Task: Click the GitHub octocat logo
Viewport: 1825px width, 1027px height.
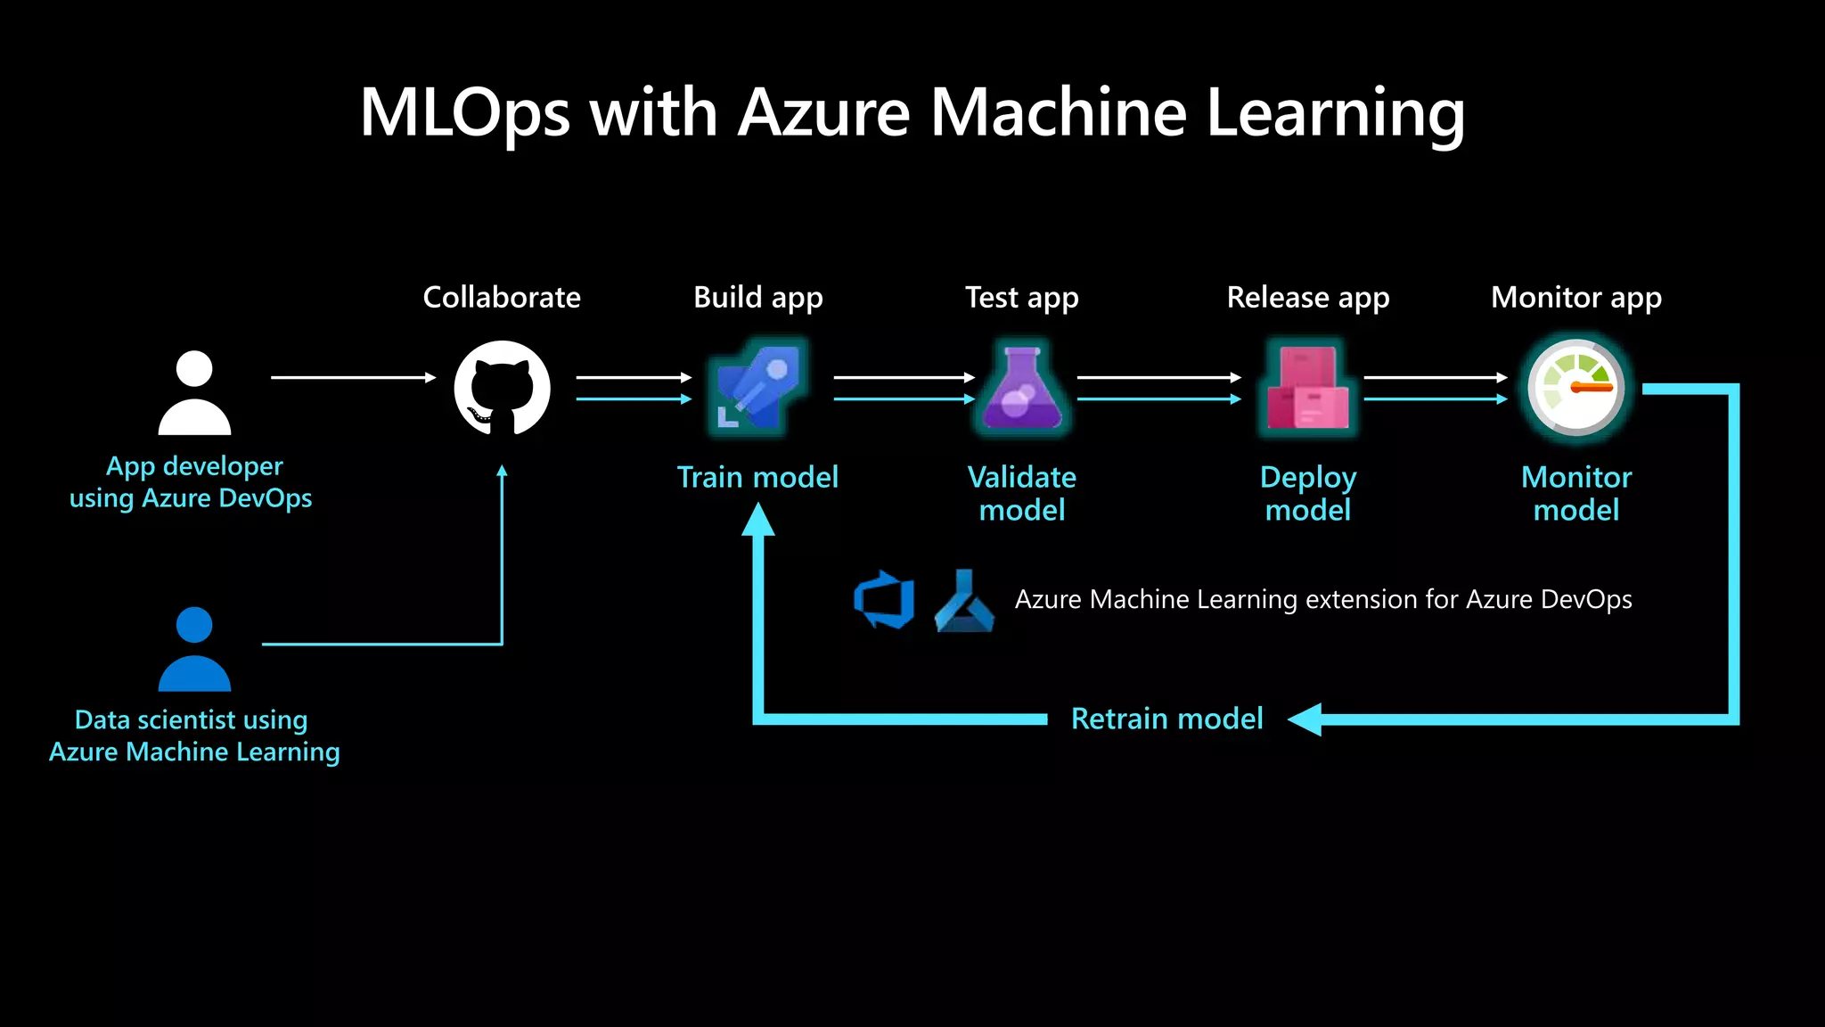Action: click(x=502, y=389)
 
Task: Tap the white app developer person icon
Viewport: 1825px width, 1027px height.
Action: click(x=194, y=393)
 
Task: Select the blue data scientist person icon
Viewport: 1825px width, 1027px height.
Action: click(x=194, y=650)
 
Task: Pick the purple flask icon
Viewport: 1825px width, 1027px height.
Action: click(x=1022, y=389)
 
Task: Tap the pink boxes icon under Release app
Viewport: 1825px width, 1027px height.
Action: click(x=1307, y=389)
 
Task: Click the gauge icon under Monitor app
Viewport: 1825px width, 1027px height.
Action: click(x=1575, y=389)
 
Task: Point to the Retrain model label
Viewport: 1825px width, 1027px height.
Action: click(x=1166, y=719)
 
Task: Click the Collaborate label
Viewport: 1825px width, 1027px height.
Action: click(x=501, y=297)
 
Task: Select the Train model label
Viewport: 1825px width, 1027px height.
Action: click(x=757, y=477)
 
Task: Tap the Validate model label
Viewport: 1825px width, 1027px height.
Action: click(x=1022, y=493)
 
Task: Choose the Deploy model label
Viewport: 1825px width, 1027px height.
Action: click(x=1307, y=493)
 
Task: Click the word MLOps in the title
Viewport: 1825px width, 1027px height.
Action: click(x=464, y=113)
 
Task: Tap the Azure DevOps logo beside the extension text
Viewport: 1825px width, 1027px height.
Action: click(x=885, y=599)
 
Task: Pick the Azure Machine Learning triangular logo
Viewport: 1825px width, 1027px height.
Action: click(x=964, y=601)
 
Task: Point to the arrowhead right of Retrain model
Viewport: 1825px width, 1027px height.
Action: click(x=1305, y=719)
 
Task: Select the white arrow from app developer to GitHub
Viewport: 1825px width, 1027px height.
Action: click(x=353, y=378)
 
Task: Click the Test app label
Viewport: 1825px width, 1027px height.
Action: click(x=1021, y=297)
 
